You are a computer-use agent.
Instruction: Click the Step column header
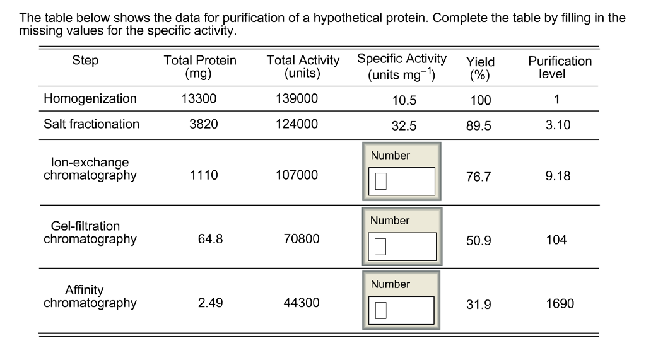click(x=85, y=61)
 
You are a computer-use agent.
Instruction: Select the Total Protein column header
click(x=199, y=67)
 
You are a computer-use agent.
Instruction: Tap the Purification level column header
click(x=560, y=67)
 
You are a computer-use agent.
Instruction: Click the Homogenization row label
click(x=90, y=98)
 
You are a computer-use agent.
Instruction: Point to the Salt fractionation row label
click(x=91, y=124)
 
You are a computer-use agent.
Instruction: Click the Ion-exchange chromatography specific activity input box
click(x=402, y=181)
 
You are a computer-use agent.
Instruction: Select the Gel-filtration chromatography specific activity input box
click(x=402, y=246)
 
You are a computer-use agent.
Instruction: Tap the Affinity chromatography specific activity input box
click(x=402, y=310)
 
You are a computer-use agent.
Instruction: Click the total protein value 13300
click(x=203, y=98)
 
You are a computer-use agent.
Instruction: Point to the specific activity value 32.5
click(x=404, y=125)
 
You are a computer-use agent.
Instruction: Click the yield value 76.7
click(x=478, y=177)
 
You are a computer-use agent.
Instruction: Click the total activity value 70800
click(x=302, y=239)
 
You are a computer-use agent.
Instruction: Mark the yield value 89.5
click(x=478, y=125)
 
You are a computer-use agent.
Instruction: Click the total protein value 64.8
click(x=210, y=239)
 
